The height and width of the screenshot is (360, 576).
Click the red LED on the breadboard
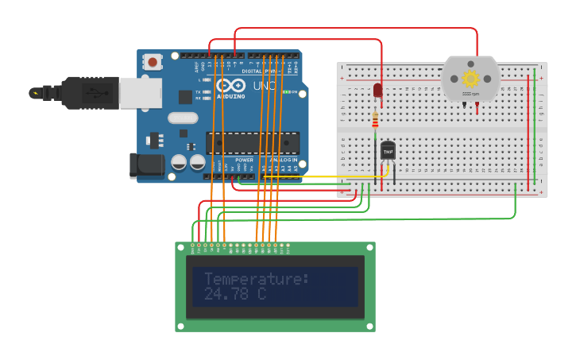coord(377,91)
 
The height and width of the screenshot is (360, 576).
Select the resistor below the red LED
coord(376,120)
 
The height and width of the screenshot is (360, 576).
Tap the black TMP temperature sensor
coord(388,150)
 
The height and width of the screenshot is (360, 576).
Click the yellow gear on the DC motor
coord(470,78)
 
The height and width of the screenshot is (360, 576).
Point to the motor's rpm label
coord(470,94)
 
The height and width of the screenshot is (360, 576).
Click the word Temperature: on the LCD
coord(257,279)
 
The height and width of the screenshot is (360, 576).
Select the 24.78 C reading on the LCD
coord(234,294)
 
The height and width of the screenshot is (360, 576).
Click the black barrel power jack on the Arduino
coord(146,165)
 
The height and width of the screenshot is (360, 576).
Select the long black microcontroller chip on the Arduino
coord(253,143)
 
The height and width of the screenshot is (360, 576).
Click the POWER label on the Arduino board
coord(244,160)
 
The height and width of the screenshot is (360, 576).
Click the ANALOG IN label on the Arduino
coord(283,160)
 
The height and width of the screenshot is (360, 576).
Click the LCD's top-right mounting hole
coord(369,248)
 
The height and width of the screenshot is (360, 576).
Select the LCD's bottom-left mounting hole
coord(181,326)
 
